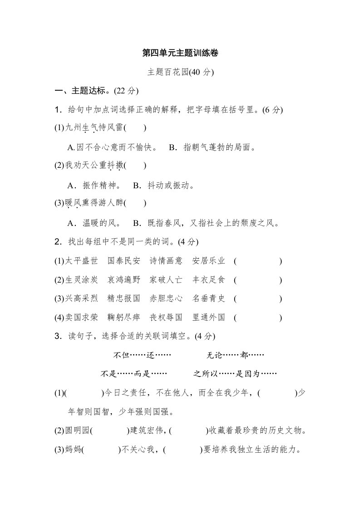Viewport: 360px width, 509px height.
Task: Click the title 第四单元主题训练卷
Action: [180, 53]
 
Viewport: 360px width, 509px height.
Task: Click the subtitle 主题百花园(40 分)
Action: [180, 72]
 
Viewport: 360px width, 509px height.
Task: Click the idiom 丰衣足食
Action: [208, 280]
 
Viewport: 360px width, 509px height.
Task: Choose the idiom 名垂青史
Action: [208, 299]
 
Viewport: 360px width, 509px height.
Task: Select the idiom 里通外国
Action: [208, 318]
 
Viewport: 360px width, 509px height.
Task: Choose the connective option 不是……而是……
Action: [134, 374]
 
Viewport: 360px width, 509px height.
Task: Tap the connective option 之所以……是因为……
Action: [235, 374]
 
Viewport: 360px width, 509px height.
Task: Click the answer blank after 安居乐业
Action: [258, 261]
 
